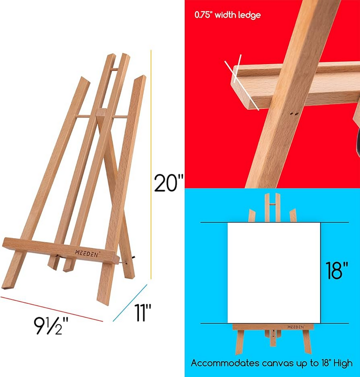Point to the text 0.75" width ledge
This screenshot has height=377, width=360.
tap(227, 15)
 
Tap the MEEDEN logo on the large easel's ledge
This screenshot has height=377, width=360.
tap(88, 252)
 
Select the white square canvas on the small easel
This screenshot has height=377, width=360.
tap(274, 272)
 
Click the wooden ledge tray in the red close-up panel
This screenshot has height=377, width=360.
tap(291, 82)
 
